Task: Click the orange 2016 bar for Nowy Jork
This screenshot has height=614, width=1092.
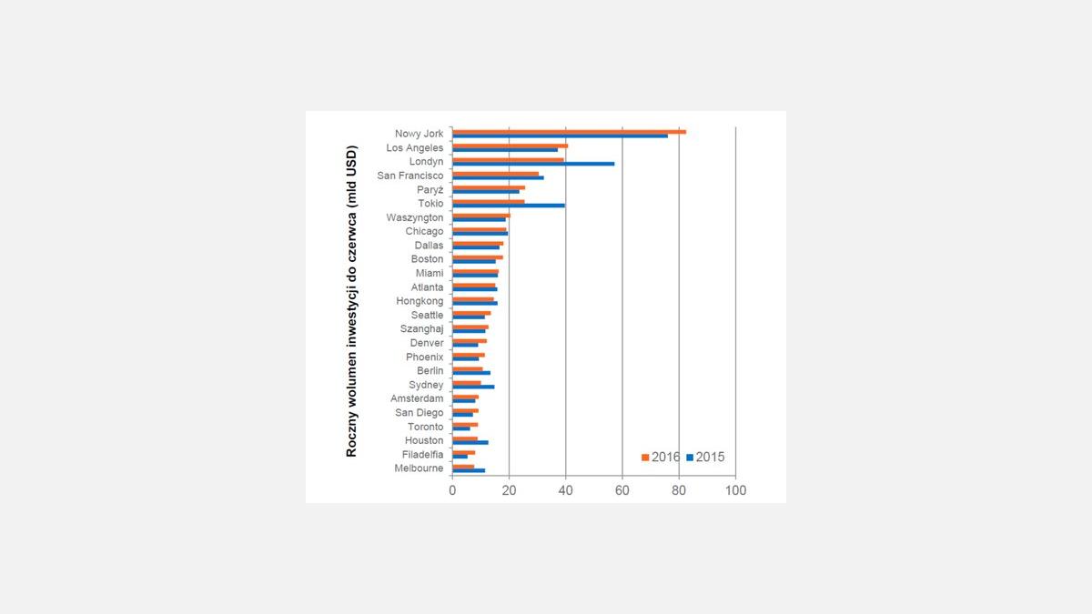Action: (x=569, y=132)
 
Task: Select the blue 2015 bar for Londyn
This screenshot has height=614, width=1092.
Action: (x=533, y=164)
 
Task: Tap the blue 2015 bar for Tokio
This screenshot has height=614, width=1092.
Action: (x=508, y=206)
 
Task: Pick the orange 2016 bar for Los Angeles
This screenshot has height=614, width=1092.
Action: (x=510, y=146)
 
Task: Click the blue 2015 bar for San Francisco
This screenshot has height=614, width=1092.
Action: (x=498, y=177)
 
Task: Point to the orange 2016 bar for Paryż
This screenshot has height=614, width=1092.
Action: (x=489, y=187)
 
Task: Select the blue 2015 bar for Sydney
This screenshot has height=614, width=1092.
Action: (x=473, y=387)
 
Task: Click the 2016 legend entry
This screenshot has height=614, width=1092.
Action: (x=662, y=457)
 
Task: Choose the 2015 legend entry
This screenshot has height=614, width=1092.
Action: (x=706, y=457)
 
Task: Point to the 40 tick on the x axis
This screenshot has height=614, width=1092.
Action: (x=566, y=489)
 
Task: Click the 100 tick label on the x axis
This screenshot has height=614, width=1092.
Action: (x=735, y=489)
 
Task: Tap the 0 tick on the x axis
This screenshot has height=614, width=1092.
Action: (x=452, y=489)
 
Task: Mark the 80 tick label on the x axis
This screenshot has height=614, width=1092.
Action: (x=679, y=489)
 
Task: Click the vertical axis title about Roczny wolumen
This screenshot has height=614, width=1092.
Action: (x=351, y=300)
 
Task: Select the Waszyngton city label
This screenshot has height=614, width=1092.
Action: (x=415, y=217)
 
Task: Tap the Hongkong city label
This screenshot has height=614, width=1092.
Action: (x=420, y=301)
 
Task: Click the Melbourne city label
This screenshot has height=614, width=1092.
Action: (x=419, y=468)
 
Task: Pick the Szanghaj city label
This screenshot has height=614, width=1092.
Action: (x=422, y=329)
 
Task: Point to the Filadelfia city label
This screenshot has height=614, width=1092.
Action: (x=423, y=454)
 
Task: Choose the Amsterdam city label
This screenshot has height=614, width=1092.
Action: (x=417, y=398)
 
